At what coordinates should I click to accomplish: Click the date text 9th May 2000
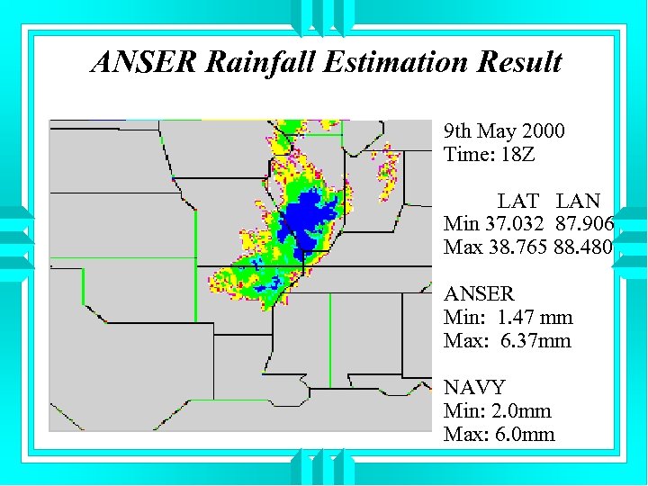pyautogui.click(x=504, y=131)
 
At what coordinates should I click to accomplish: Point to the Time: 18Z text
pyautogui.click(x=489, y=155)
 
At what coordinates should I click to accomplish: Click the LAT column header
pyautogui.click(x=518, y=201)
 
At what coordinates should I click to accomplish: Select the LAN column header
pyautogui.click(x=578, y=201)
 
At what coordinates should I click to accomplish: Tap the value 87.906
pyautogui.click(x=584, y=223)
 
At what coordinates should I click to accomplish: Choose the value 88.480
pyautogui.click(x=584, y=247)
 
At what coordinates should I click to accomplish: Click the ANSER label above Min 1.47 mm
pyautogui.click(x=479, y=294)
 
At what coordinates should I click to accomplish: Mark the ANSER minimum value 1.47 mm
pyautogui.click(x=531, y=318)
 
